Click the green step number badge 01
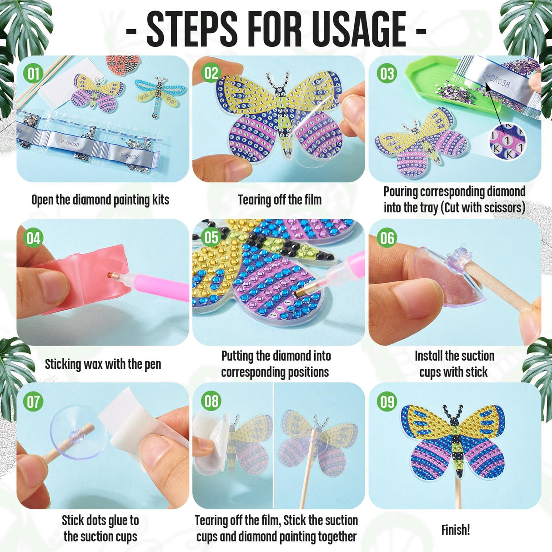(x=33, y=74)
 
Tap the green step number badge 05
(x=210, y=237)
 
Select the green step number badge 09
(x=387, y=401)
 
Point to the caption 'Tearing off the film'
(x=280, y=200)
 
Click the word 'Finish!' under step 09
(x=455, y=530)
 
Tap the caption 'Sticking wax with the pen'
(x=103, y=364)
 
